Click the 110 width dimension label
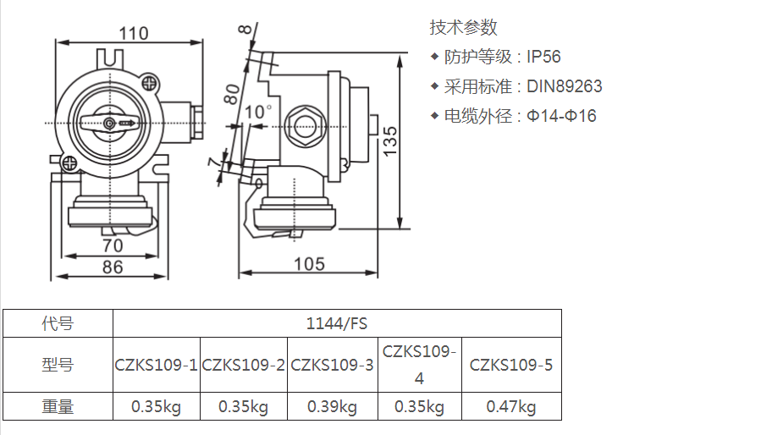click(x=134, y=34)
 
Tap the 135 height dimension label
click(x=390, y=140)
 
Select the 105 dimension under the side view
click(x=309, y=264)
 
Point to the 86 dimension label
click(x=113, y=267)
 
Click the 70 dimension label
click(x=113, y=245)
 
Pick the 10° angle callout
click(x=257, y=112)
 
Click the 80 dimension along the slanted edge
click(x=231, y=94)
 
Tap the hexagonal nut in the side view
click(x=305, y=126)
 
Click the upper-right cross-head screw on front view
click(x=149, y=82)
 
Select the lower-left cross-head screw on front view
click(x=69, y=162)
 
